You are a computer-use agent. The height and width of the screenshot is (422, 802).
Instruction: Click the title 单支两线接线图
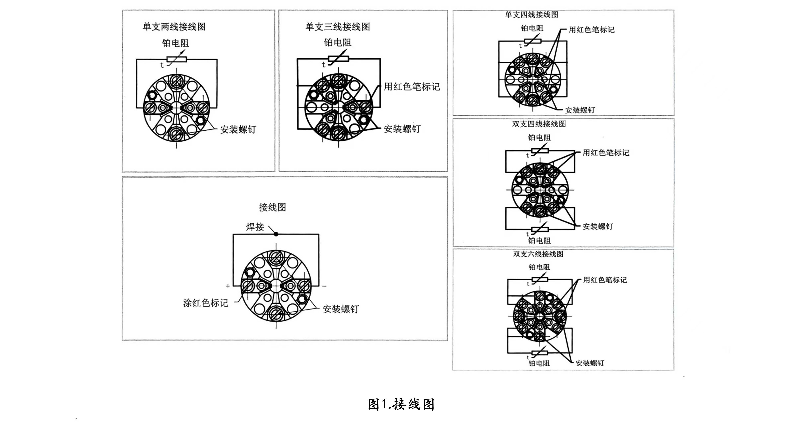click(174, 27)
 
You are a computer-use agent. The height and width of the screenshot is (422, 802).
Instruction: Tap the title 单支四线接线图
click(532, 15)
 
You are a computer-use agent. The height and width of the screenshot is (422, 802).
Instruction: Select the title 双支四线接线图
click(539, 124)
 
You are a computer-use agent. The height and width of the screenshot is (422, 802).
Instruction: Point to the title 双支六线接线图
click(538, 254)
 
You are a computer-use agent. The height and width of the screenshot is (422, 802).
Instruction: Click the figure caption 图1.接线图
click(401, 404)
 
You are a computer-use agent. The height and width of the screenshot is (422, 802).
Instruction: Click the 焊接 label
click(255, 227)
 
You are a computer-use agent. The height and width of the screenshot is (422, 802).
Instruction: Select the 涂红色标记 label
click(206, 303)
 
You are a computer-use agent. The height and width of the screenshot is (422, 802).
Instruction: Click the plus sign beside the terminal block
click(228, 286)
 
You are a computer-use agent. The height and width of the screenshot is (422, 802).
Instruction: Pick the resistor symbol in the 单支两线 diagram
click(176, 59)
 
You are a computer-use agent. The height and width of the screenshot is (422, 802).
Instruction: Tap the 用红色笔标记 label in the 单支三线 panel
click(412, 87)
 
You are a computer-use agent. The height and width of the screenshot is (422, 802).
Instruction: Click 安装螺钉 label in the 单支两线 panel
click(238, 129)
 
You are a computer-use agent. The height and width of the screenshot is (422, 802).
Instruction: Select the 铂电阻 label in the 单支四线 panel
click(532, 28)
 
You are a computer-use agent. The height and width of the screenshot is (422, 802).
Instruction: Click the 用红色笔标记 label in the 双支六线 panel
click(605, 280)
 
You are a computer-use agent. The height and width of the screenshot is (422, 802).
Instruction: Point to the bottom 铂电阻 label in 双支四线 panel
click(539, 241)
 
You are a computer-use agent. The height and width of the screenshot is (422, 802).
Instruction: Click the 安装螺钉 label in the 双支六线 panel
click(590, 363)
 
